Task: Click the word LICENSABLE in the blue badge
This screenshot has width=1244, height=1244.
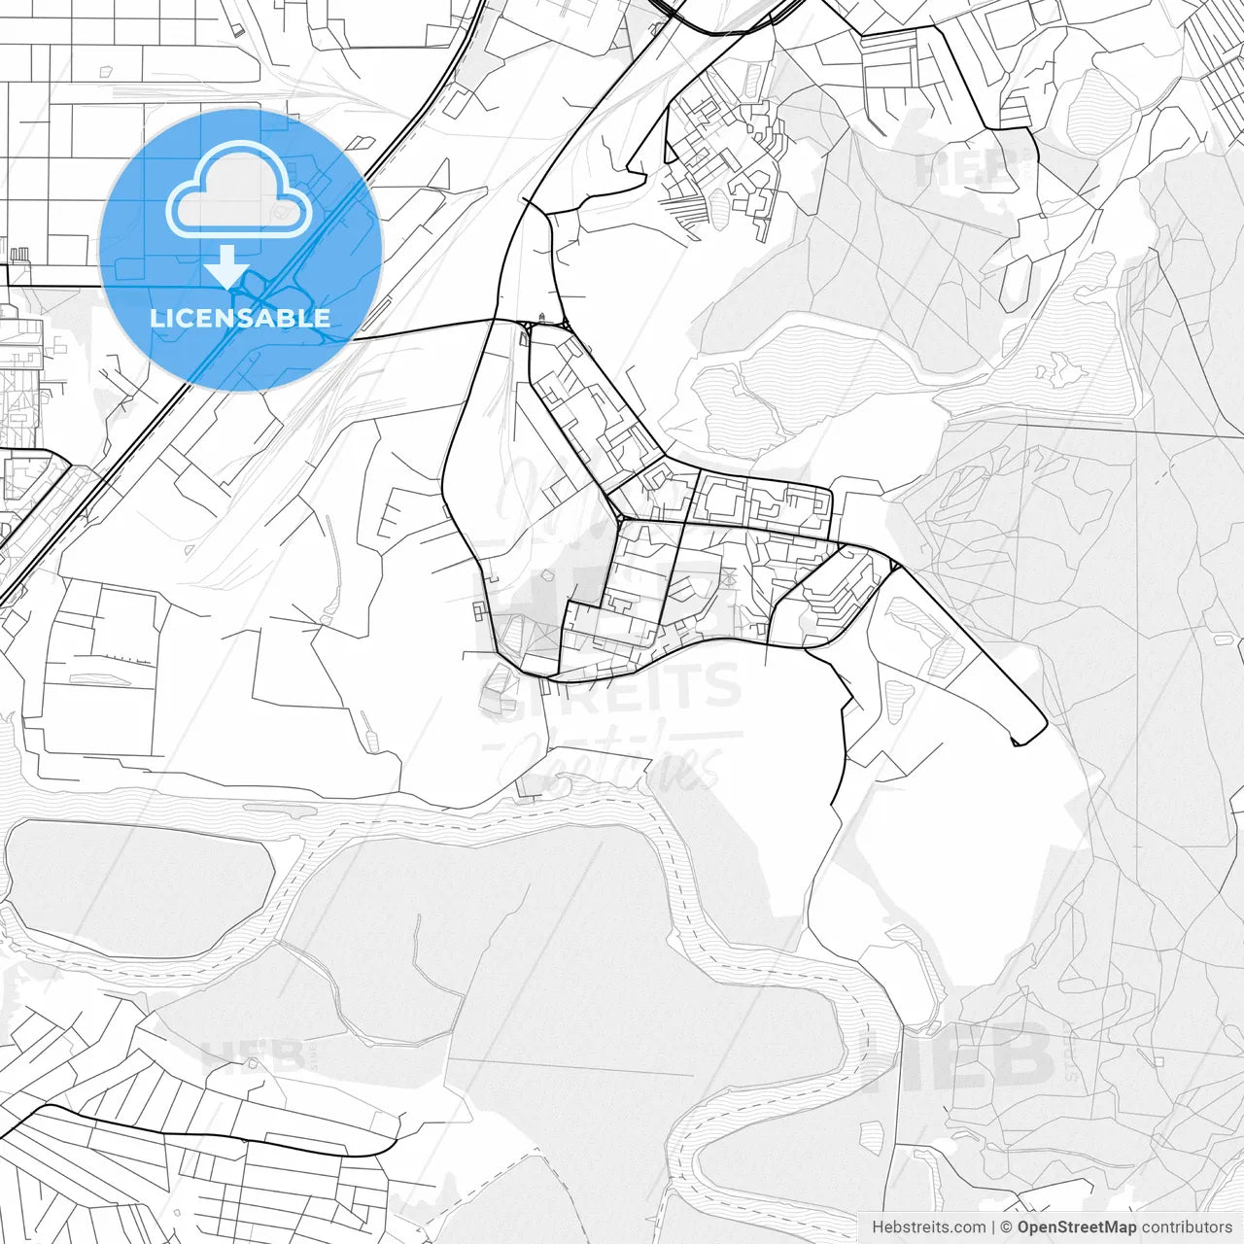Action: click(240, 318)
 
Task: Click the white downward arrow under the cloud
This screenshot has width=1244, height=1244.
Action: click(227, 266)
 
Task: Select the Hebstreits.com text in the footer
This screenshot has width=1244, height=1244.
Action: click(928, 1227)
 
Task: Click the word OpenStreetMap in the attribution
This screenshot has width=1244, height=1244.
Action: click(1076, 1227)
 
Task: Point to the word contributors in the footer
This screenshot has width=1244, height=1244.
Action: click(1186, 1227)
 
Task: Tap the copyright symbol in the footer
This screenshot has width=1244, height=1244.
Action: click(1006, 1227)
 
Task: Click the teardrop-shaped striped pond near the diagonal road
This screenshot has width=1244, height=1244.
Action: click(899, 693)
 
